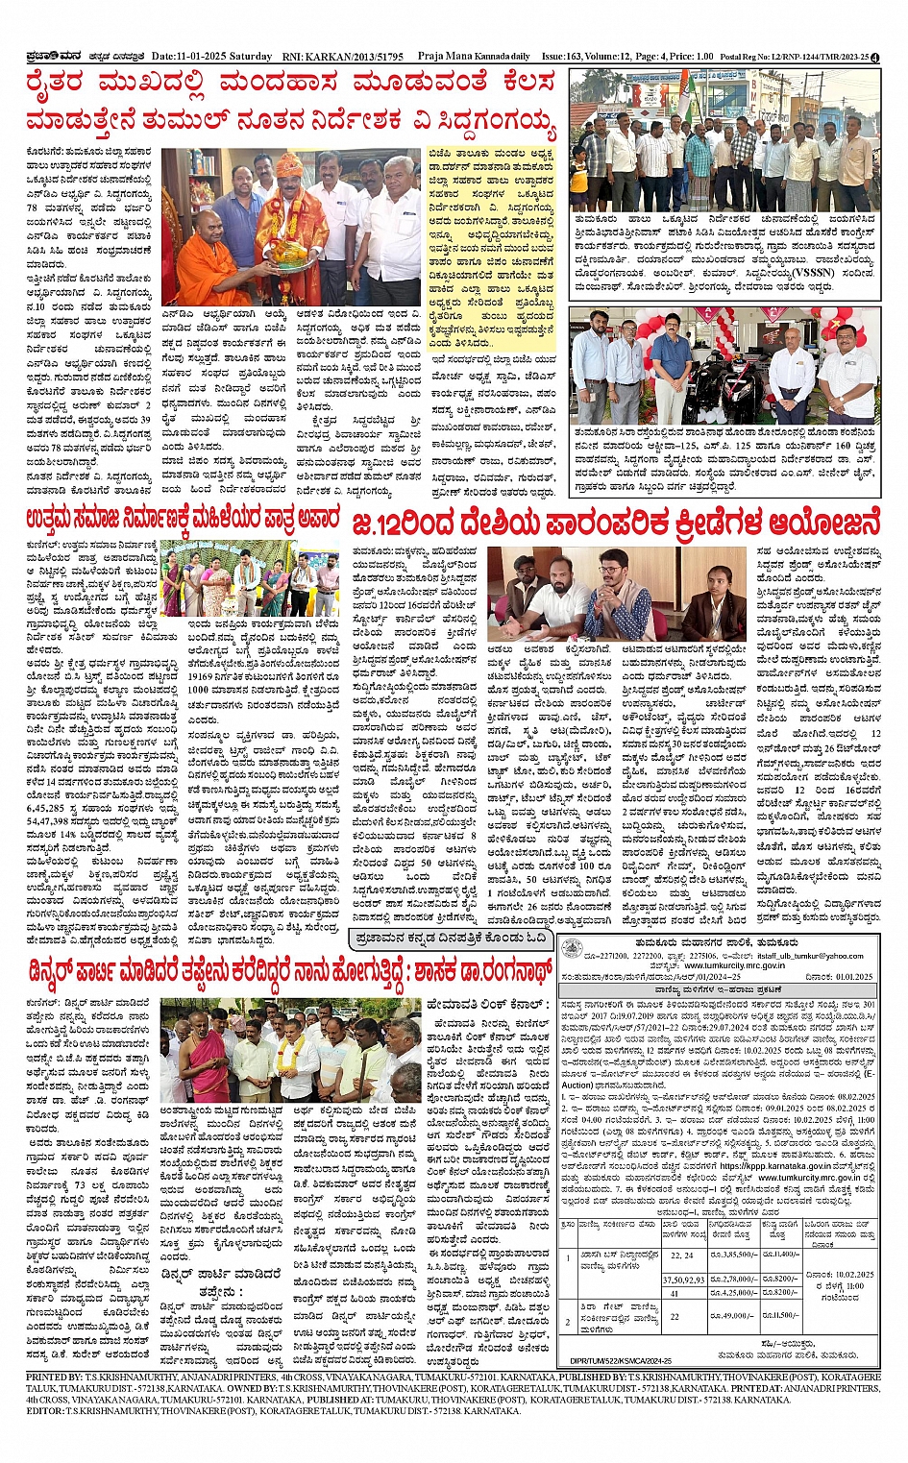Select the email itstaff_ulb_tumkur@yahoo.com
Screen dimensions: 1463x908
[812, 956]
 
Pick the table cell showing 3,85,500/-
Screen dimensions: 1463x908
[734, 1256]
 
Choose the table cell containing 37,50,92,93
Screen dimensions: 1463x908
[683, 1280]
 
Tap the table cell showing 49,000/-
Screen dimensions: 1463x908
[734, 1316]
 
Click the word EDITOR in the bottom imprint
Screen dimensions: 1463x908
[45, 1410]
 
